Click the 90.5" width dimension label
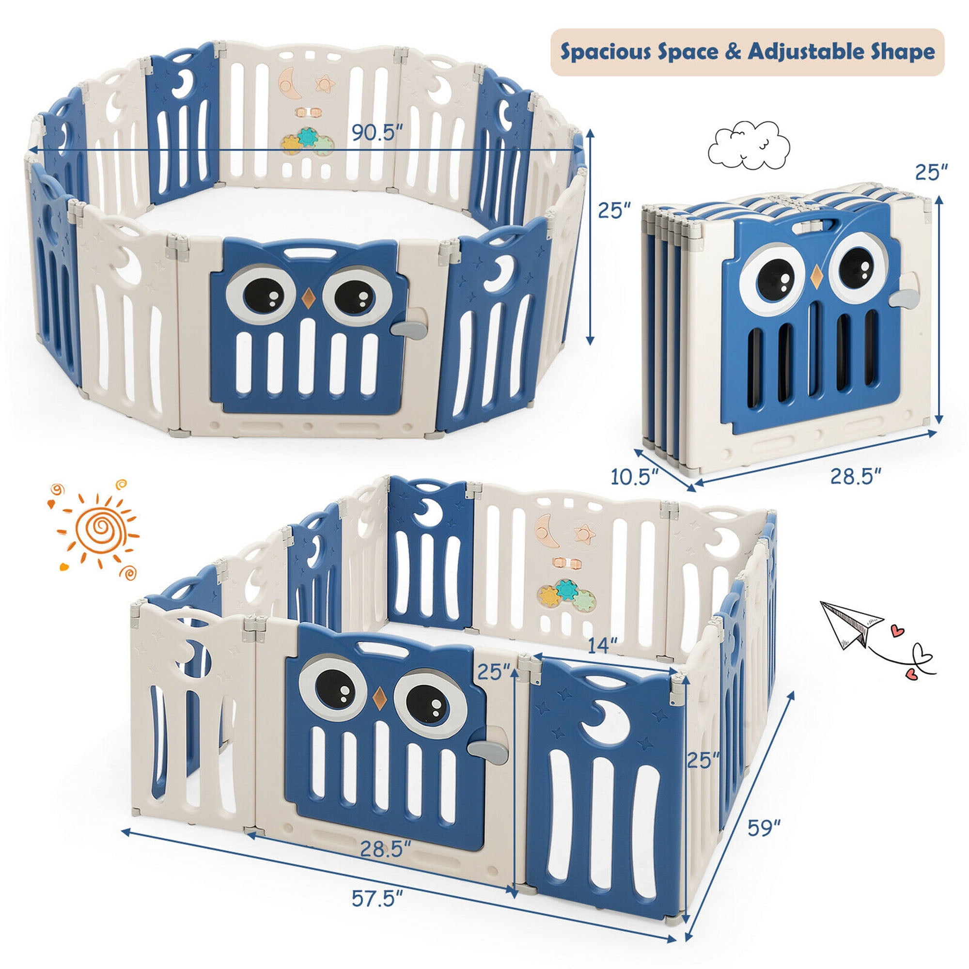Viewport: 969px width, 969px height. pyautogui.click(x=377, y=132)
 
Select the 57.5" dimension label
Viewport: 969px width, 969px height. pyautogui.click(x=377, y=898)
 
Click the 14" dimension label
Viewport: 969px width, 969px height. pyautogui.click(x=602, y=646)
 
